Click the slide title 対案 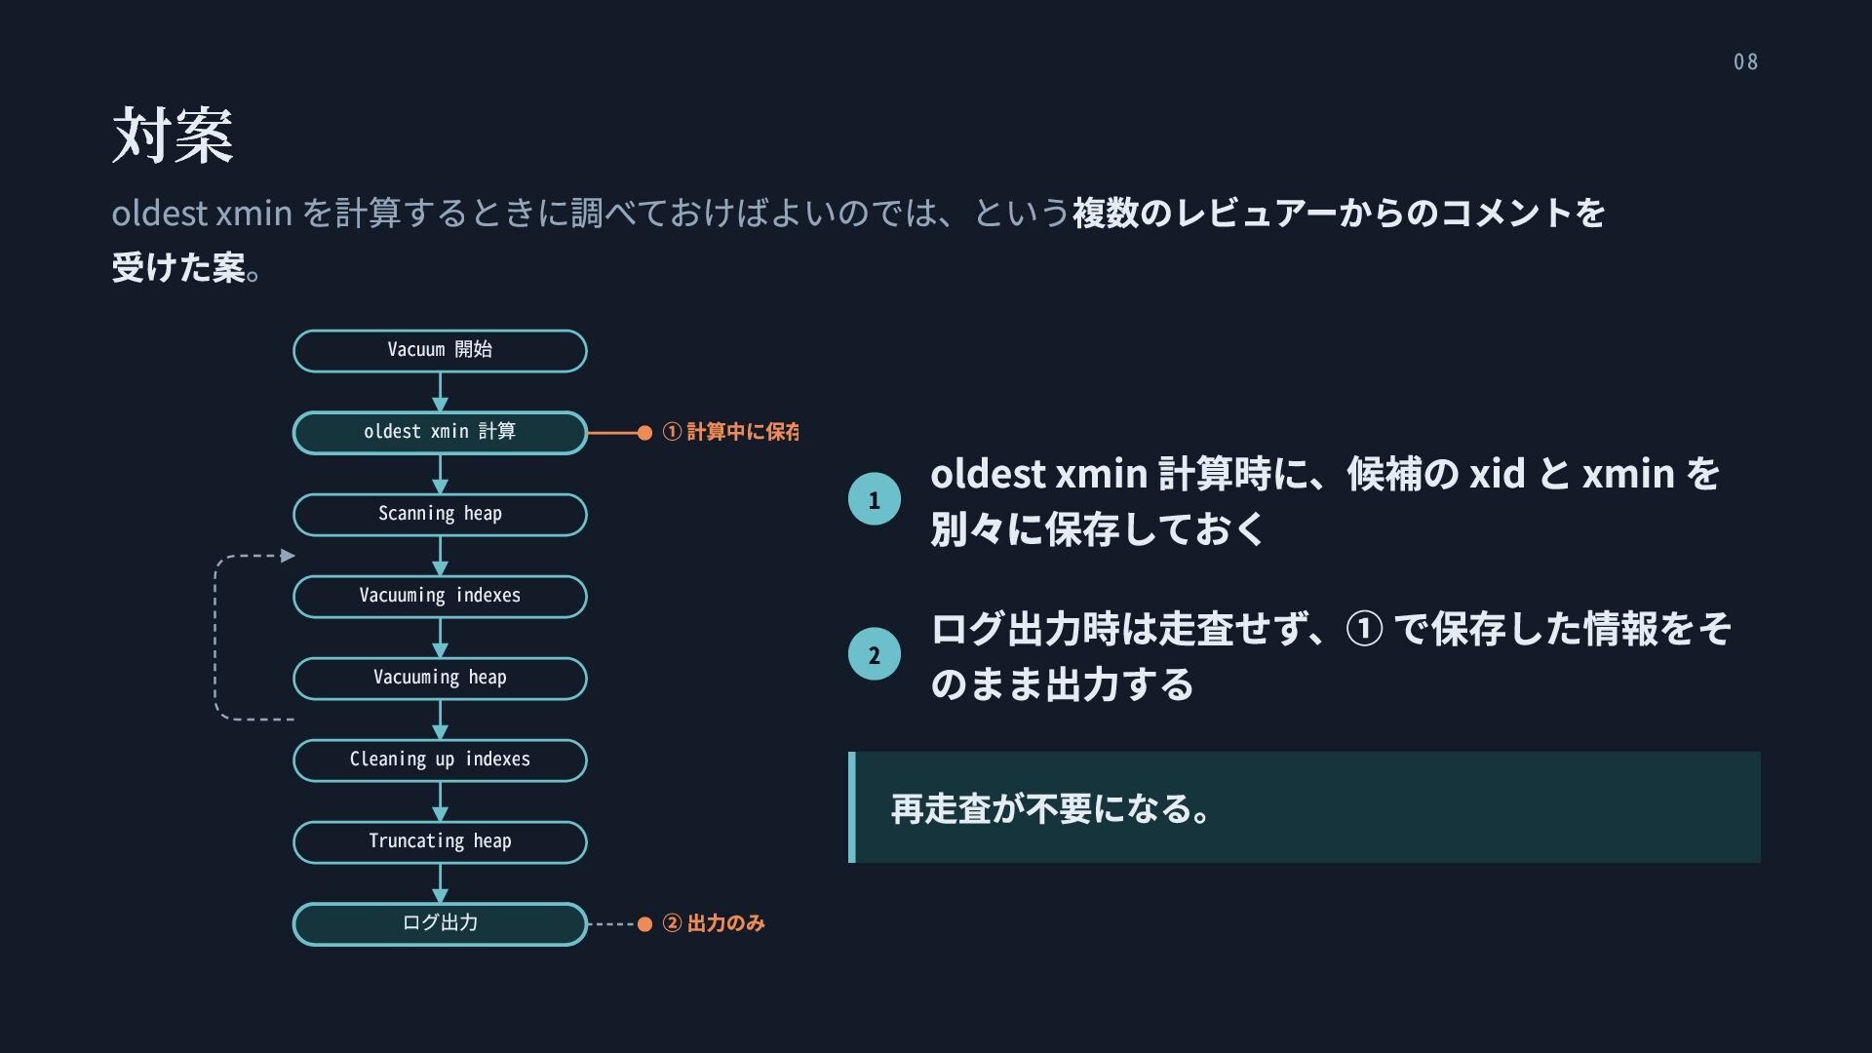tap(173, 135)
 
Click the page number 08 tap(1745, 61)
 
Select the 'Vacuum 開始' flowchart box tap(440, 351)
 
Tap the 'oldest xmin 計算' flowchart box tap(440, 433)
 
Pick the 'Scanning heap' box tap(440, 515)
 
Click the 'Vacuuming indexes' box tap(440, 597)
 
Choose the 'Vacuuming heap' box tap(440, 679)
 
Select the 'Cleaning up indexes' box tap(440, 760)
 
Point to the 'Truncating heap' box tap(440, 842)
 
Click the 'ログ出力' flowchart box tap(440, 924)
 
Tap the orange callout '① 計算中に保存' tap(730, 432)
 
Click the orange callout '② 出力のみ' tap(714, 923)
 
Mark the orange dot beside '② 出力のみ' tap(644, 924)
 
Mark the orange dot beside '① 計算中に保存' tap(644, 433)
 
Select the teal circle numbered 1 tap(875, 499)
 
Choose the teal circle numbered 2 tap(875, 654)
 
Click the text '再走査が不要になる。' tap(1051, 808)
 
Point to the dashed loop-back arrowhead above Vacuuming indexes tap(288, 556)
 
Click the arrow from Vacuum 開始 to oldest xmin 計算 tap(440, 392)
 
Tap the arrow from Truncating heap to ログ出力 tap(440, 883)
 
